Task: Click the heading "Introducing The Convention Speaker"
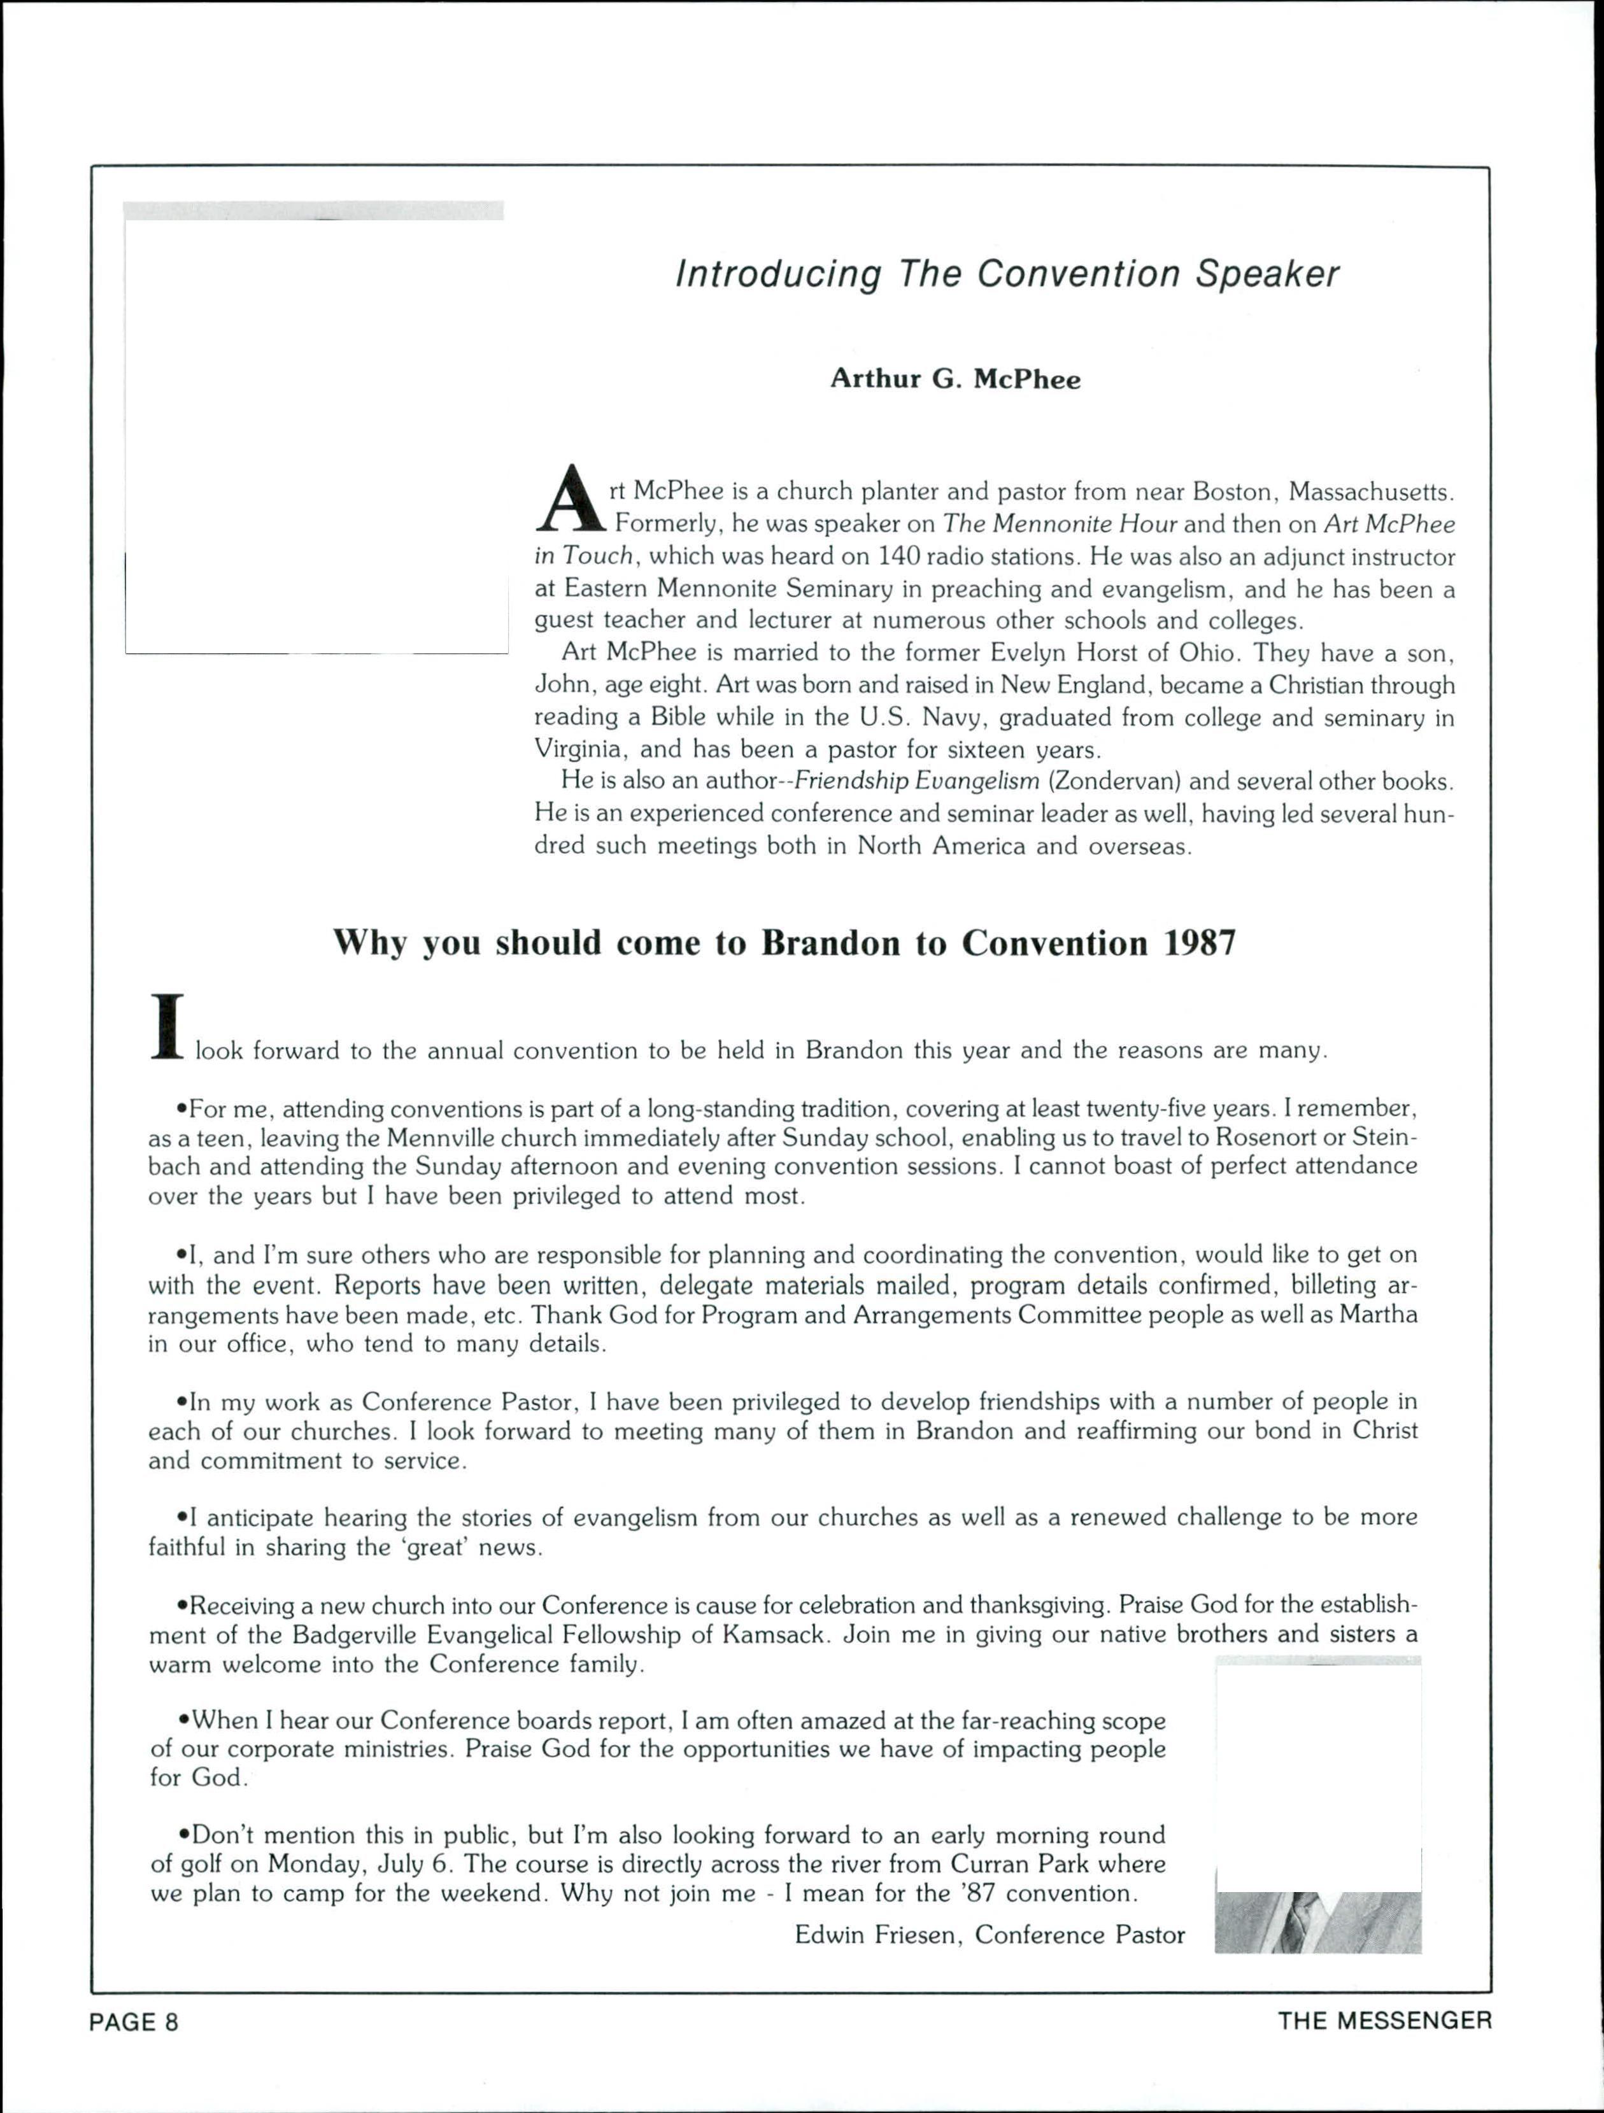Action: (1007, 275)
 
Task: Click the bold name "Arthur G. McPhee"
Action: (955, 379)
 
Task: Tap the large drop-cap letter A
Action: (571, 498)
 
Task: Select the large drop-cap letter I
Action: (167, 1027)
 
